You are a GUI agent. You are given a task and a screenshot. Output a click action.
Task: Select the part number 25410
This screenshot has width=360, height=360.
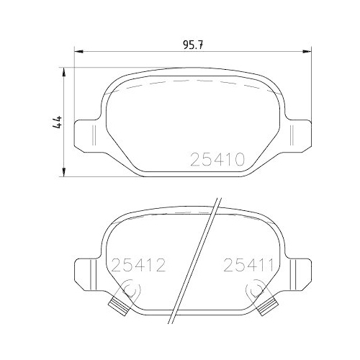(218, 158)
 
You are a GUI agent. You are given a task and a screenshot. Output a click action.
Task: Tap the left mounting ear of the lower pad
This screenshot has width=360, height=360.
(87, 274)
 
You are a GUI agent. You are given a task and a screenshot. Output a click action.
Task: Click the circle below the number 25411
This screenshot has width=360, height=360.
(253, 290)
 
